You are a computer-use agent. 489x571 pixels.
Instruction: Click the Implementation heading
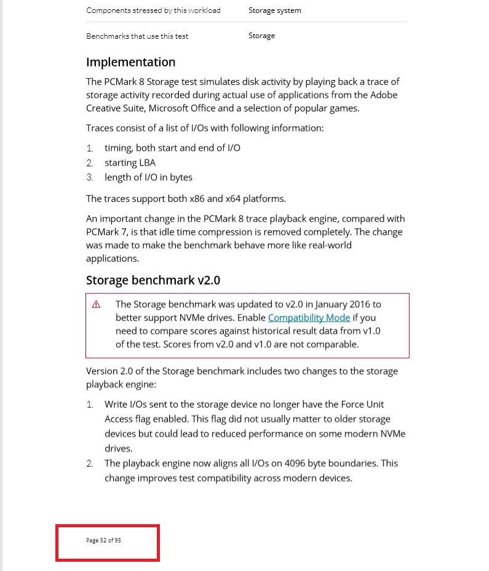coord(130,62)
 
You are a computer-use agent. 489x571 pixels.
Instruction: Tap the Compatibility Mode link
coord(309,318)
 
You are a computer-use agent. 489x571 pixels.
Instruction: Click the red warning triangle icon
coord(96,305)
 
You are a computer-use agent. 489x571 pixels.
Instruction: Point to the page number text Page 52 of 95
coord(103,540)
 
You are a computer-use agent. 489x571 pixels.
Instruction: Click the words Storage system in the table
coord(274,10)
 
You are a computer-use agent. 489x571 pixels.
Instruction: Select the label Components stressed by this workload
coord(153,10)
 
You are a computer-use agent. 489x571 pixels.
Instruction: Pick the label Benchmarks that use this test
coord(137,36)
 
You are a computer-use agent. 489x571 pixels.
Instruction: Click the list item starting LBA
coord(130,163)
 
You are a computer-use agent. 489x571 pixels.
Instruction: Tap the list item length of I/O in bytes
coord(148,177)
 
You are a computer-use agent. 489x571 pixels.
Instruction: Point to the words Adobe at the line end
coord(383,95)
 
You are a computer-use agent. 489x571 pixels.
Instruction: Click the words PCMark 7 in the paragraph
coord(108,232)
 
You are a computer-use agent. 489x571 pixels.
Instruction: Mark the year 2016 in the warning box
coord(357,304)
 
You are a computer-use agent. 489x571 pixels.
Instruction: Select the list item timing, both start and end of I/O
coord(172,148)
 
